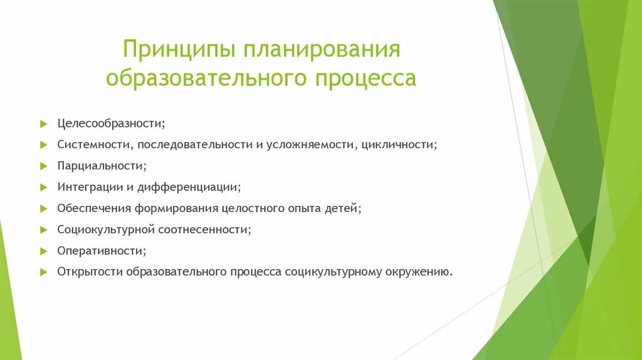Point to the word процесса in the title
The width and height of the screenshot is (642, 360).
point(362,79)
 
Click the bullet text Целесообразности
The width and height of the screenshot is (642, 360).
point(111,123)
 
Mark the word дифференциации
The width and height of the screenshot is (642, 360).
point(196,187)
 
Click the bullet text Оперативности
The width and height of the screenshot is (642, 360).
point(102,251)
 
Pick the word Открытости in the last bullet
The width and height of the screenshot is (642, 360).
point(90,272)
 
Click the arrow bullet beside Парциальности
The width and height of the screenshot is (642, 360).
point(43,166)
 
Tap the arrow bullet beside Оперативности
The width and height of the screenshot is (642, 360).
point(43,251)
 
